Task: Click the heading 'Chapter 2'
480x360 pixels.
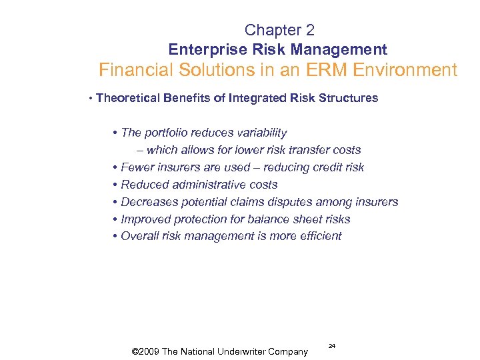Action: (x=279, y=30)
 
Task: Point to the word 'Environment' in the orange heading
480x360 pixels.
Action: (x=410, y=70)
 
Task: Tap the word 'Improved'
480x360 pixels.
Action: (x=145, y=219)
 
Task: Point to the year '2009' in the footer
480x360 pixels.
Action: (x=154, y=351)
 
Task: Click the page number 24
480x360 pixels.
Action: (x=331, y=346)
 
